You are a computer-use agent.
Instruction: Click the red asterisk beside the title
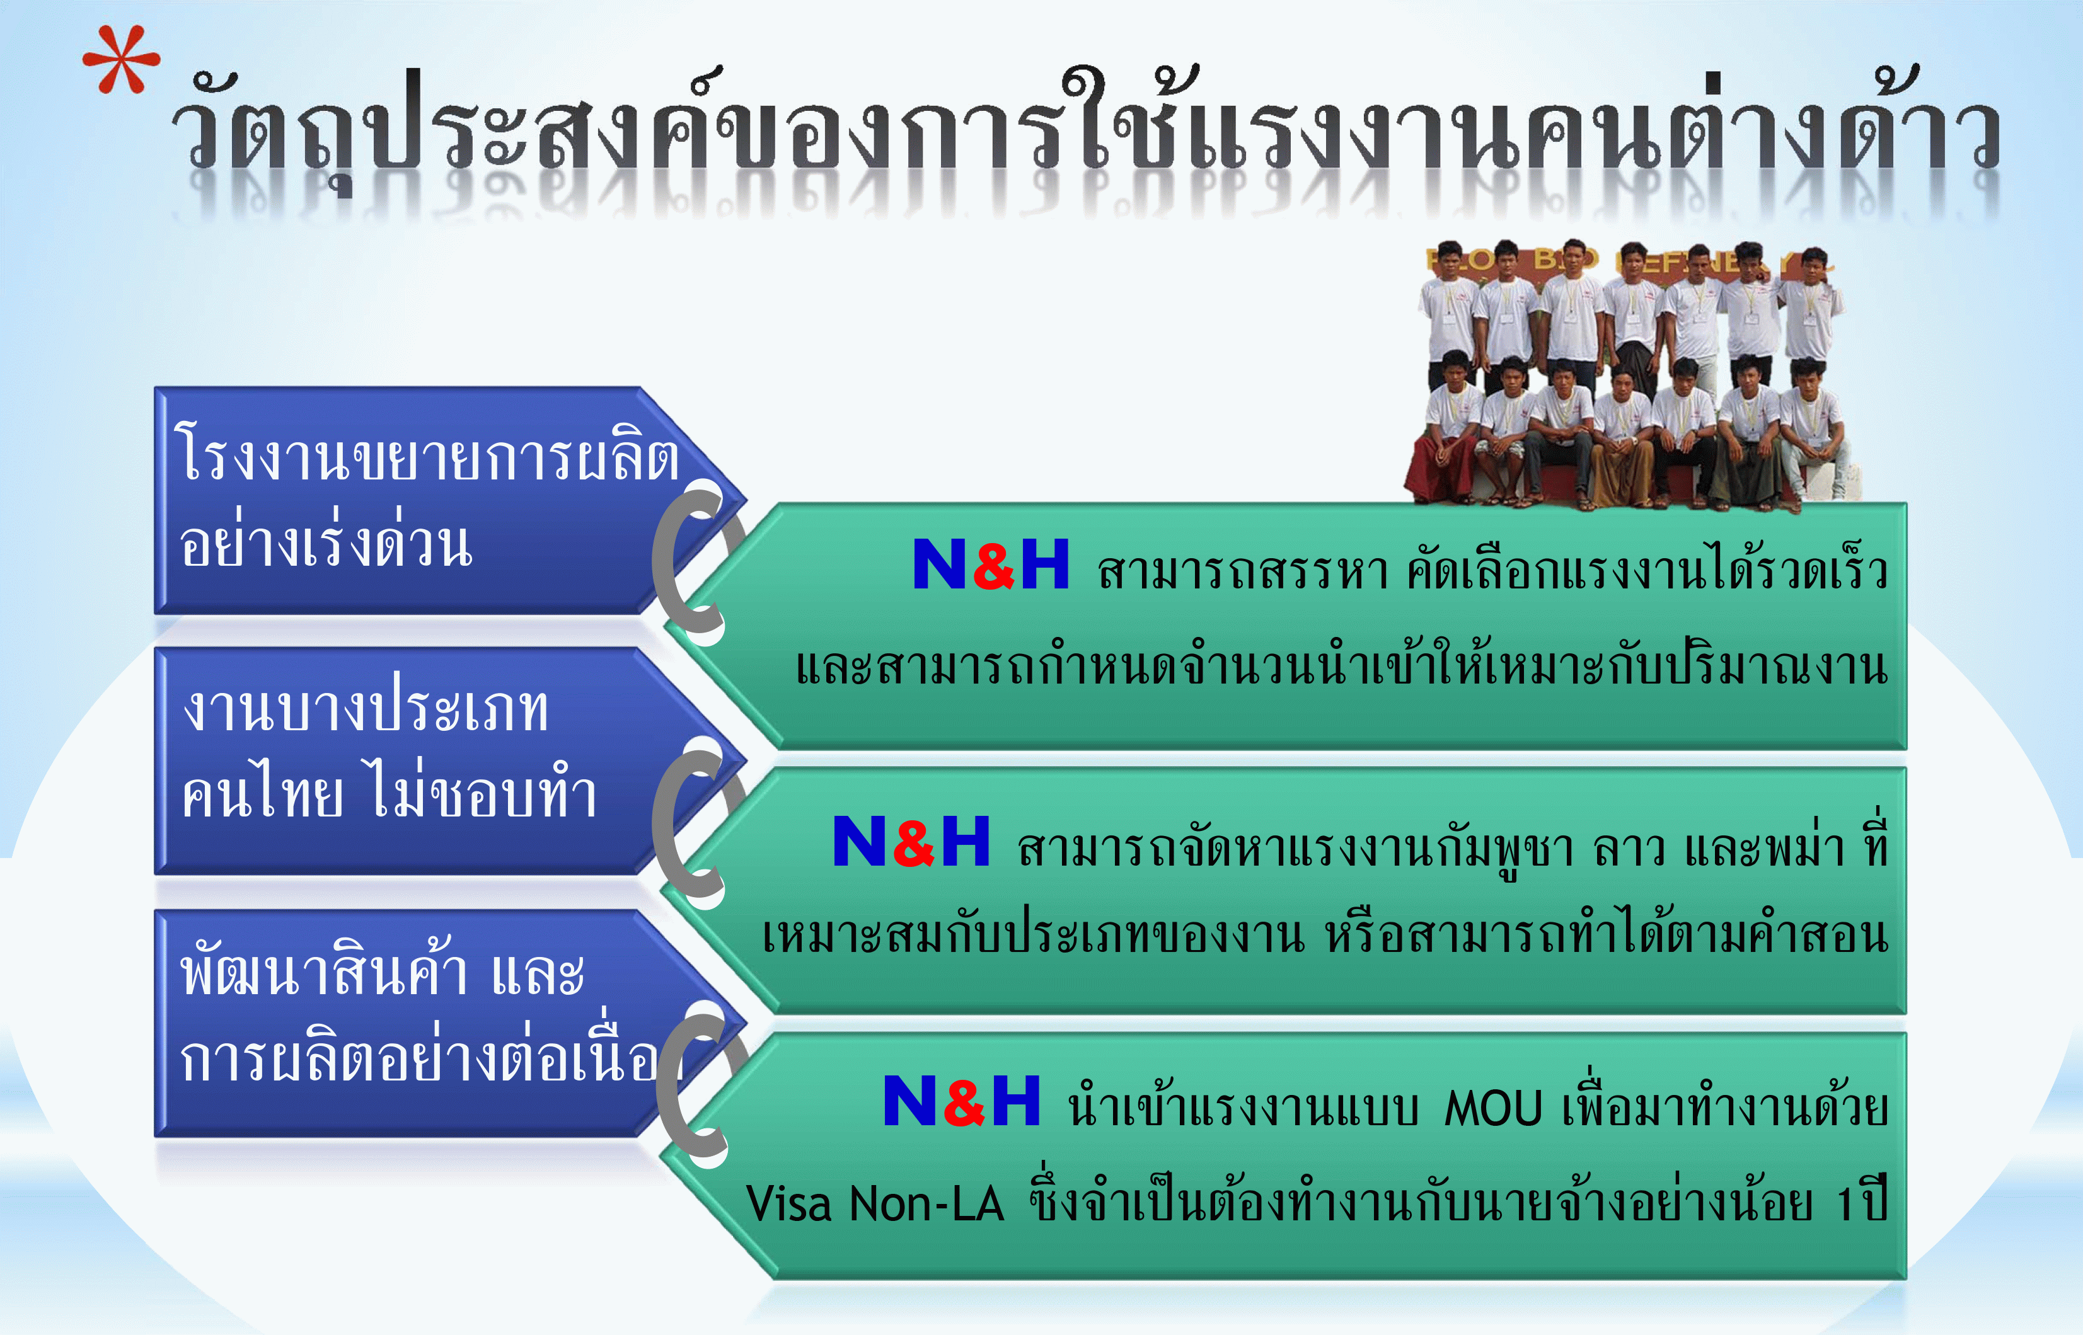point(122,60)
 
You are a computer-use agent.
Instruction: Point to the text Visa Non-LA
point(874,1203)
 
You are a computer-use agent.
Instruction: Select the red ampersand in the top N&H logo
point(994,565)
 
